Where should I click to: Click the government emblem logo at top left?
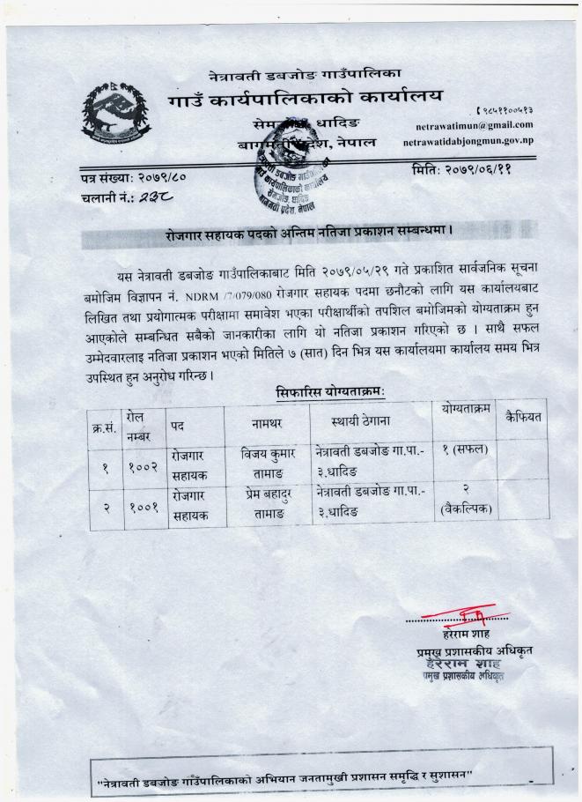116,114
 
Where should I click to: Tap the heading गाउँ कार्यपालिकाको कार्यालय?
306,95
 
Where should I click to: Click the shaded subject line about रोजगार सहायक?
308,235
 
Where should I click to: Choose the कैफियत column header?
522,412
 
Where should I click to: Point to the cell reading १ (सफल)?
464,452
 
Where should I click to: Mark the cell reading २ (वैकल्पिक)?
464,500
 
